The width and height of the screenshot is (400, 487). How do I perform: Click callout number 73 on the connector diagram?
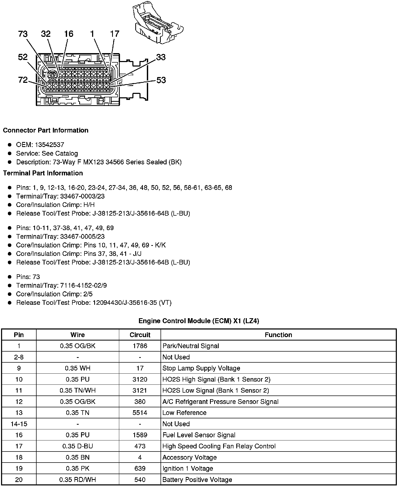(x=23, y=34)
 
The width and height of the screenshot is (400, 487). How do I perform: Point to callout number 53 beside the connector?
(x=161, y=80)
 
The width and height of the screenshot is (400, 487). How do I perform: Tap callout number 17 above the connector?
(x=115, y=34)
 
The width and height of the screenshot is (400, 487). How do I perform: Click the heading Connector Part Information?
(x=46, y=130)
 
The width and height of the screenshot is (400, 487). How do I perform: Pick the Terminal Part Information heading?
(x=43, y=173)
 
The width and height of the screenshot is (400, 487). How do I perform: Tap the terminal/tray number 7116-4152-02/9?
(x=83, y=286)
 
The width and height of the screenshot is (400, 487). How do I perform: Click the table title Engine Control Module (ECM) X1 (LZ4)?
(x=199, y=321)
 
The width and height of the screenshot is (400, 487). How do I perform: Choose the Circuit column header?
(x=140, y=335)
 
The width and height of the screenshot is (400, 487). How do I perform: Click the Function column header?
(x=278, y=335)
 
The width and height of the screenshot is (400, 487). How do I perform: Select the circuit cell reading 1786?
(x=140, y=346)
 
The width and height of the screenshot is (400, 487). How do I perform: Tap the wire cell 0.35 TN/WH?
(x=78, y=390)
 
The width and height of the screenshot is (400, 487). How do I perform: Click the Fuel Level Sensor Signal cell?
(x=199, y=435)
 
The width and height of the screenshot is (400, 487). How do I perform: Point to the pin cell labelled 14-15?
(x=19, y=424)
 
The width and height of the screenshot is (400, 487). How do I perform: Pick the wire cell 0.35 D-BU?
(x=78, y=446)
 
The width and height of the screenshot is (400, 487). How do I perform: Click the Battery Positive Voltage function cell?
(x=197, y=480)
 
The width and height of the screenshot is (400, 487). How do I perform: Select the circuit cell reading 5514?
(x=140, y=413)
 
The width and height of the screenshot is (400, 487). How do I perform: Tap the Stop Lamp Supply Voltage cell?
(x=201, y=368)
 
